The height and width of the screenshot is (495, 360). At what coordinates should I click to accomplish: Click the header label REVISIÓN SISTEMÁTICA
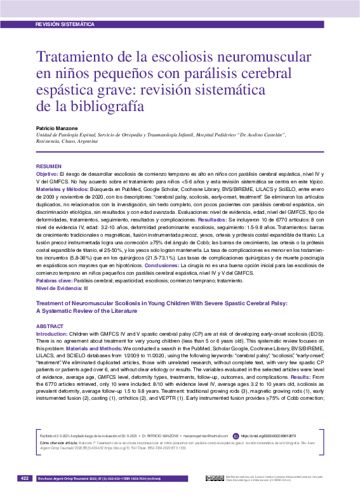click(x=66, y=23)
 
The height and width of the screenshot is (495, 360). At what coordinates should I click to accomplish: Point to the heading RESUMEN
click(x=49, y=166)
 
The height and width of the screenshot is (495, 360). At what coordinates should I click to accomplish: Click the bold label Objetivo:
click(x=48, y=174)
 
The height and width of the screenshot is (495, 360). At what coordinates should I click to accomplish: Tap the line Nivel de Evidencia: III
click(x=62, y=289)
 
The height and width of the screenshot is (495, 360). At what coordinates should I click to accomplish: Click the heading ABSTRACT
click(x=50, y=326)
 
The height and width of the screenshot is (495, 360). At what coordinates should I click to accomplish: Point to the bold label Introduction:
click(x=51, y=334)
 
